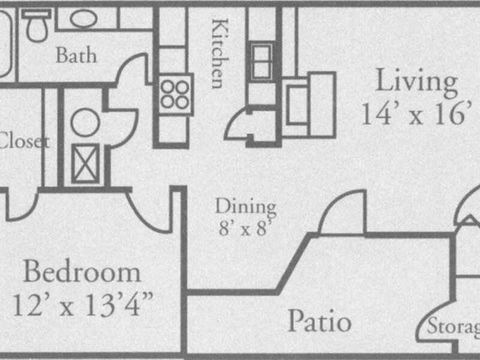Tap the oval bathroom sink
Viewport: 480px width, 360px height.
coord(83,18)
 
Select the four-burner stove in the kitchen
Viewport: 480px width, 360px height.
coord(175,94)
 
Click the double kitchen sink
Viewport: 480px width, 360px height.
coord(262,60)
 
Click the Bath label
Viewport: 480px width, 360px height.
coord(76,56)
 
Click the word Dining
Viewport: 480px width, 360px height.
coord(246,208)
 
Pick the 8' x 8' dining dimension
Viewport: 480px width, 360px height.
coord(246,229)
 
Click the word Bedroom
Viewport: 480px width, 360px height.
coord(82,273)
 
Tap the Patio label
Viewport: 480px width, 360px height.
coord(319,322)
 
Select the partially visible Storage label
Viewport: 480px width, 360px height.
coord(454,328)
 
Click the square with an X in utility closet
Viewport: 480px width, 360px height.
coord(85,163)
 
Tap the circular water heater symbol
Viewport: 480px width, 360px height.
coord(85,123)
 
